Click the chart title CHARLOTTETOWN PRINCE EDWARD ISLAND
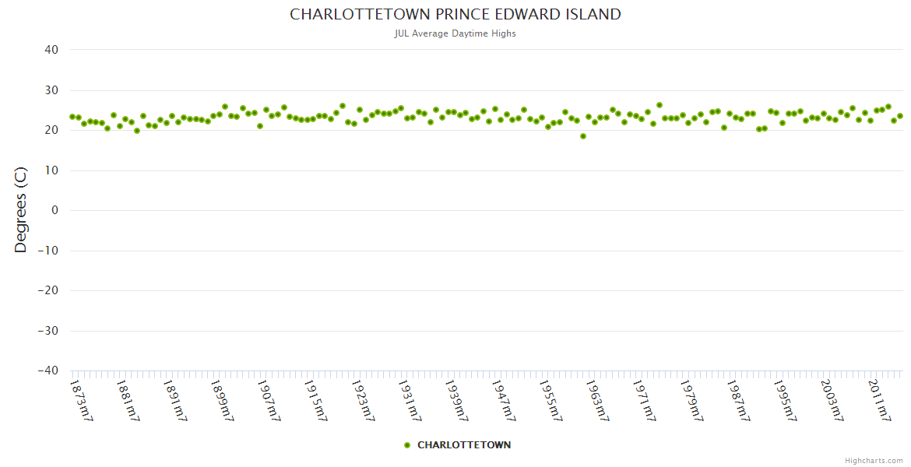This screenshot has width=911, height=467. (455, 14)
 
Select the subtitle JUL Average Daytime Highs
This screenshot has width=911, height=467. (455, 33)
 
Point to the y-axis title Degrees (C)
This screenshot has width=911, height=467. (21, 210)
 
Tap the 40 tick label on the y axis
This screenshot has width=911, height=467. (51, 50)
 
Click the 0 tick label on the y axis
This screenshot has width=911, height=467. (55, 210)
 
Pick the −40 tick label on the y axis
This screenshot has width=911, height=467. (47, 371)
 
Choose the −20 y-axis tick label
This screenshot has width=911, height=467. (47, 291)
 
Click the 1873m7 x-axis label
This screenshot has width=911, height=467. (82, 400)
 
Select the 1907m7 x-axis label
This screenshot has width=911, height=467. (269, 400)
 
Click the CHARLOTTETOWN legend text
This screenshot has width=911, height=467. (464, 445)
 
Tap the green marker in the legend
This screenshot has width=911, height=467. (407, 445)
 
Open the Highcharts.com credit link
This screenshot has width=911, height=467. (874, 460)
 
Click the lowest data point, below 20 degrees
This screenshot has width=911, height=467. (583, 136)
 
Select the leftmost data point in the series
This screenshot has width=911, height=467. (72, 117)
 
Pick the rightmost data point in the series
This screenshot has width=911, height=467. (900, 116)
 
